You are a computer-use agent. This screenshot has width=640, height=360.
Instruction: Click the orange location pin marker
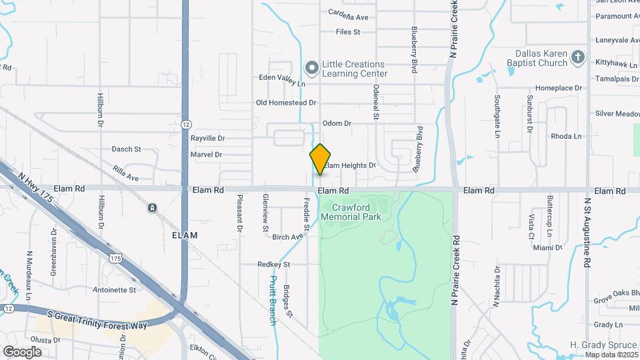pos(321,159)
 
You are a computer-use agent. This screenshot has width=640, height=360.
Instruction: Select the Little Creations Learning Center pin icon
pos(311,67)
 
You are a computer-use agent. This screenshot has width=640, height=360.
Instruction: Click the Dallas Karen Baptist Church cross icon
pos(578,58)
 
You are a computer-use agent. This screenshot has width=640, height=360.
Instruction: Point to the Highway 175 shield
pos(116,257)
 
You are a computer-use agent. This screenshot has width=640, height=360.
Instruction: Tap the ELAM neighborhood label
pos(185,235)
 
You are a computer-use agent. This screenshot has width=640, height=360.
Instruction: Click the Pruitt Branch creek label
pos(273,301)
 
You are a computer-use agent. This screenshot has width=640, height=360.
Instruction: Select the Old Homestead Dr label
pos(286,103)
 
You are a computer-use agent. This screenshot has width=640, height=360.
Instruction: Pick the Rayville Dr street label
pos(208,138)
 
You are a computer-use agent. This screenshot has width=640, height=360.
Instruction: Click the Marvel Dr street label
pos(206,155)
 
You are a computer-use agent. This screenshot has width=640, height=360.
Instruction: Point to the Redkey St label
pos(274,265)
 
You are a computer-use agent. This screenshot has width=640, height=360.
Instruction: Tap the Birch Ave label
pos(287,237)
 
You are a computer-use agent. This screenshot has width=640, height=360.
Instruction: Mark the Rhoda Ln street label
pos(566,136)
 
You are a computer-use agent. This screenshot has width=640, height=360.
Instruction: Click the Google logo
pos(22,351)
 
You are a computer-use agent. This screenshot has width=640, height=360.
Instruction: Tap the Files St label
pos(348,31)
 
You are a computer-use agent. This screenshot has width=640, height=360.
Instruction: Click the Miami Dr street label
pos(548,247)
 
